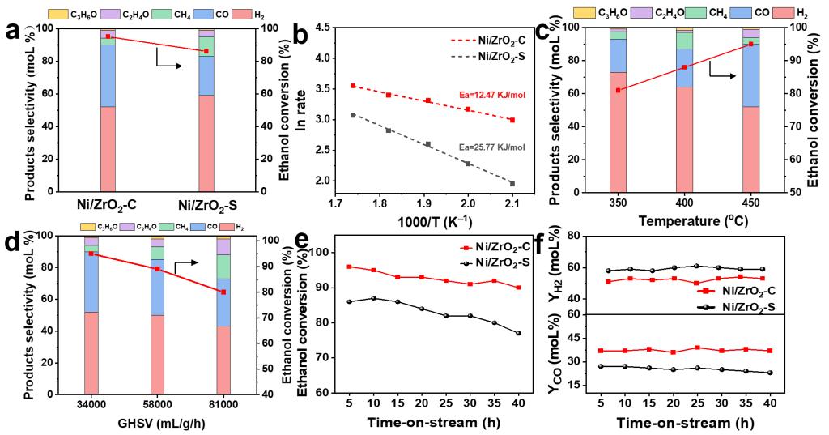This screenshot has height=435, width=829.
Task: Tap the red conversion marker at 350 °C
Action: click(618, 90)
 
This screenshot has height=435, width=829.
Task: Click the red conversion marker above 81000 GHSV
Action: click(223, 292)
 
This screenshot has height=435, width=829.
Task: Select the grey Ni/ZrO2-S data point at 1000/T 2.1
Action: click(512, 183)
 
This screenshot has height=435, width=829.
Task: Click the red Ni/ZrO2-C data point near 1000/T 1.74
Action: click(353, 85)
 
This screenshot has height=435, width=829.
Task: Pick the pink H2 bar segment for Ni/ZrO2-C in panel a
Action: click(108, 148)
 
